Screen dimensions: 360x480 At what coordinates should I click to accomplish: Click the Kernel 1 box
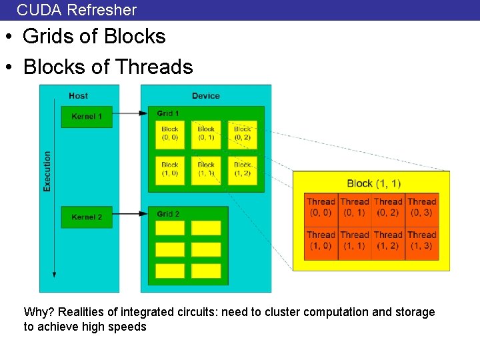[87, 117]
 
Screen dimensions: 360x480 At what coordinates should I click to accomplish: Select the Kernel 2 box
[87, 217]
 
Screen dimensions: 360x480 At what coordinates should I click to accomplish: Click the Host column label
[78, 96]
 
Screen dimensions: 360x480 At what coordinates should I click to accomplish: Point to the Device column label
[205, 96]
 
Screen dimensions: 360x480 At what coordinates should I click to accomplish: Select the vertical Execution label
[47, 171]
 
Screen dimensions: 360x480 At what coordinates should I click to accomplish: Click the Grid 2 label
[168, 214]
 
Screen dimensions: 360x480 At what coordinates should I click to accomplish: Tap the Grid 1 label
[168, 113]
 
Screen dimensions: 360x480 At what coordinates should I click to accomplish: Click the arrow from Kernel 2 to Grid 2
[130, 214]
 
